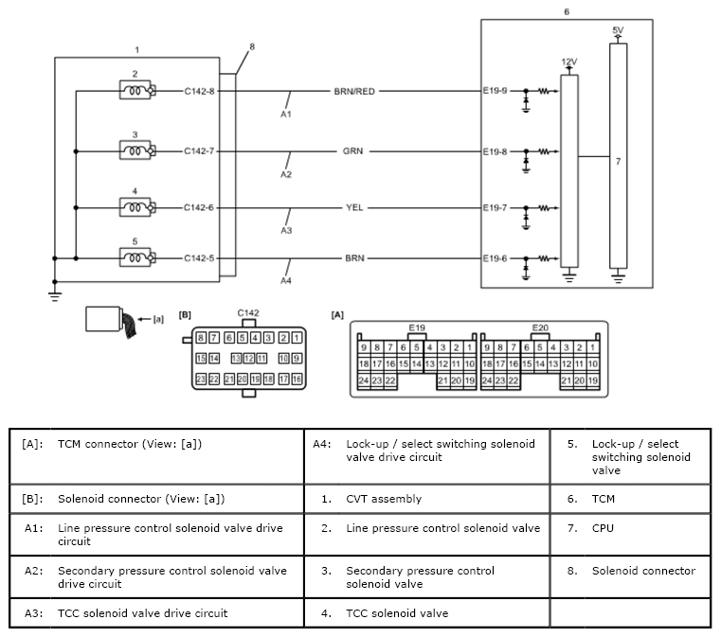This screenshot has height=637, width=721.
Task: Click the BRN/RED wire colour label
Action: [x=354, y=92]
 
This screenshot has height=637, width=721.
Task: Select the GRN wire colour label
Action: [x=352, y=151]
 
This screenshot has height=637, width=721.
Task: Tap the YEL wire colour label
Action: [x=354, y=207]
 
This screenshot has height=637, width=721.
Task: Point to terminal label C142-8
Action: [x=199, y=92]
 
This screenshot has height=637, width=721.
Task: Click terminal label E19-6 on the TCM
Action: [x=495, y=258]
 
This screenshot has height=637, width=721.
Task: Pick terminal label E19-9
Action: [x=495, y=91]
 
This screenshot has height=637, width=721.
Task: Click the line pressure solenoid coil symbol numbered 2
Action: [x=137, y=90]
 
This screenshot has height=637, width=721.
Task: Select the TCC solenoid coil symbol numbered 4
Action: [x=137, y=207]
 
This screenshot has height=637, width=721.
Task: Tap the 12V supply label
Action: [x=569, y=62]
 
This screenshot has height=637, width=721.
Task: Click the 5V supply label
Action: [x=618, y=30]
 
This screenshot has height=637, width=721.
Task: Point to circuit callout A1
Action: [x=286, y=114]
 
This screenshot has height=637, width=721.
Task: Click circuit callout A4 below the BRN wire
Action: [x=286, y=280]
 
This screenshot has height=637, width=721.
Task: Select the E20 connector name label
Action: [x=540, y=327]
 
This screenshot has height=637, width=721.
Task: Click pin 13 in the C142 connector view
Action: [x=236, y=358]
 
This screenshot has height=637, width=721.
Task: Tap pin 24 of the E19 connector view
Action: [x=364, y=380]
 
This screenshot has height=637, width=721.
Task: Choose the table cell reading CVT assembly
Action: [x=384, y=499]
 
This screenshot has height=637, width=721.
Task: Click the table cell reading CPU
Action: [x=603, y=528]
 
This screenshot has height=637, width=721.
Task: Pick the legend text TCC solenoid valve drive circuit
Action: [x=142, y=613]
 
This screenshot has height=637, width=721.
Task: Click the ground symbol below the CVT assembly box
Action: [x=55, y=295]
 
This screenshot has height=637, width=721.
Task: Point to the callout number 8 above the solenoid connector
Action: [x=252, y=46]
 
